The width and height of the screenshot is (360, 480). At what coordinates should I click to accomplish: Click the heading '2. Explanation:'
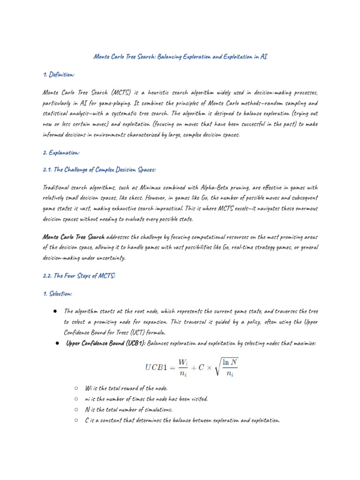pos(61,152)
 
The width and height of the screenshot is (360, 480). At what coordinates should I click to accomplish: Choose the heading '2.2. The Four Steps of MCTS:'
pos(79,276)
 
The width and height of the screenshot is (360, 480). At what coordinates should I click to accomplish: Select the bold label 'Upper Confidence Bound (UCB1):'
pos(106,344)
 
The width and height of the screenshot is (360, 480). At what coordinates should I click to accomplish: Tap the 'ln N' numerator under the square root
pos(230,361)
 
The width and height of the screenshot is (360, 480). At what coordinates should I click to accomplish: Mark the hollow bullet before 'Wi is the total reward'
pos(76,389)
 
